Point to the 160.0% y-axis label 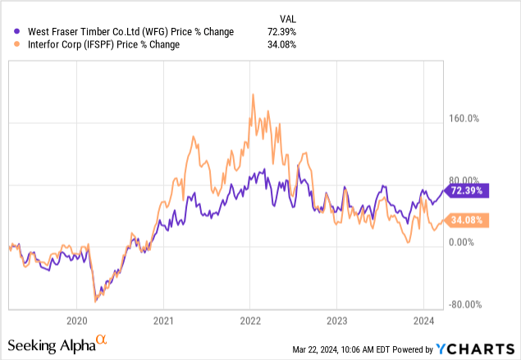click(461, 118)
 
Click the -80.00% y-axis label click(461, 304)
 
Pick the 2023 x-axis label click(336, 321)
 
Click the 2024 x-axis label click(423, 321)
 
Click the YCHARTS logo click(484, 348)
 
